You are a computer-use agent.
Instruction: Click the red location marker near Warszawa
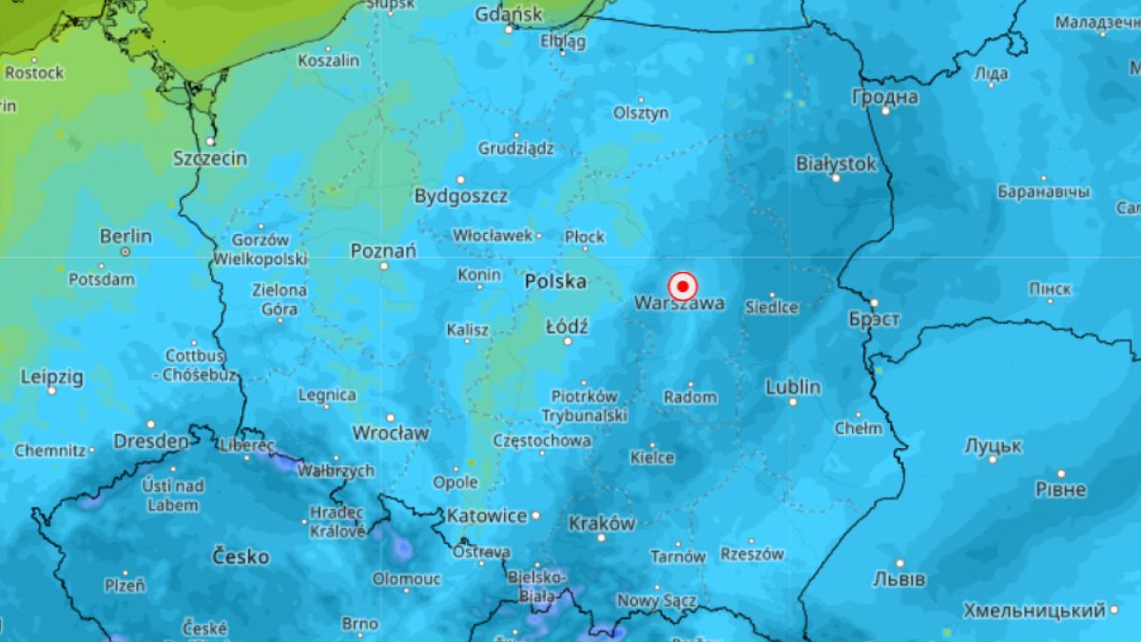(x=683, y=286)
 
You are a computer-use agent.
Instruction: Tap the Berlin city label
(x=126, y=236)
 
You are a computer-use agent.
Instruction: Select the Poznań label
(x=383, y=251)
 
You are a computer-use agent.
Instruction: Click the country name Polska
(x=555, y=282)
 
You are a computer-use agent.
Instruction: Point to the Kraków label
(x=601, y=523)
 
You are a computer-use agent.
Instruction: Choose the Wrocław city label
(x=390, y=433)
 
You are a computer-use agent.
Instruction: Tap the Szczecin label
(x=210, y=158)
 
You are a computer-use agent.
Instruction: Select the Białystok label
(x=836, y=165)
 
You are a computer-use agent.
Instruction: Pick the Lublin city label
(x=793, y=387)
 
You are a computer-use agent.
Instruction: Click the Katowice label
(x=487, y=516)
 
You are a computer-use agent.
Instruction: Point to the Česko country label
(x=240, y=556)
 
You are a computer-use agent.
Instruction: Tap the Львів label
(x=899, y=579)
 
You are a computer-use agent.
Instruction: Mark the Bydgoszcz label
(x=461, y=196)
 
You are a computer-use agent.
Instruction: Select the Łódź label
(x=567, y=327)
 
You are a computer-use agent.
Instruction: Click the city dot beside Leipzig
(x=51, y=391)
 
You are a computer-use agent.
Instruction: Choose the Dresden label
(x=150, y=441)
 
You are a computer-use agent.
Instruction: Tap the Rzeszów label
(x=752, y=554)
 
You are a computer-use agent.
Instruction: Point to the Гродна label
(x=885, y=97)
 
